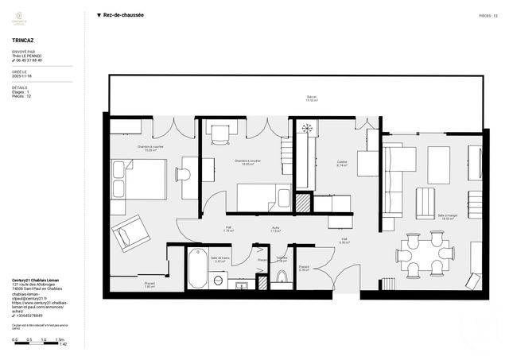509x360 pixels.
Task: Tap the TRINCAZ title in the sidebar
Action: click(x=24, y=38)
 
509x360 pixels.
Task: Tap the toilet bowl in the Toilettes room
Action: click(x=281, y=277)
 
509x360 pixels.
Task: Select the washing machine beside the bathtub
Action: click(x=218, y=281)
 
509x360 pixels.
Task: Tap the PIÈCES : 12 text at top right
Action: click(x=488, y=15)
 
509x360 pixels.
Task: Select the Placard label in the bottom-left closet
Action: click(x=150, y=285)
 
